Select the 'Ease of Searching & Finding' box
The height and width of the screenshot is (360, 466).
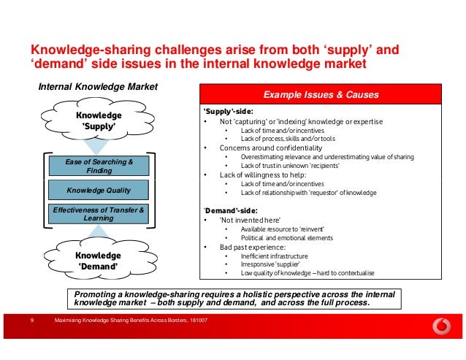(99, 166)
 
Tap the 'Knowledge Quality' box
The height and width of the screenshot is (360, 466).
(99, 191)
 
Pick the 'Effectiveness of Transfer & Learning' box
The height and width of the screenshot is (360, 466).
(99, 214)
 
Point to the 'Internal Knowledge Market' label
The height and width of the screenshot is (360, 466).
(98, 87)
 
